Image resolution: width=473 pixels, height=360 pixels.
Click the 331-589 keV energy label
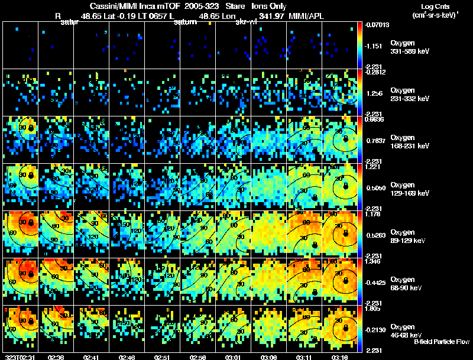click(x=407, y=51)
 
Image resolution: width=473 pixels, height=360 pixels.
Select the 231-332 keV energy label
click(x=407, y=99)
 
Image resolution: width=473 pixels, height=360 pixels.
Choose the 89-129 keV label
click(x=406, y=241)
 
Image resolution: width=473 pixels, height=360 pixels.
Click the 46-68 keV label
click(x=406, y=335)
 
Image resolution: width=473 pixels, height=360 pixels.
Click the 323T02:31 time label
click(x=20, y=357)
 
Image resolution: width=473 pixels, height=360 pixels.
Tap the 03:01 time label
click(x=234, y=357)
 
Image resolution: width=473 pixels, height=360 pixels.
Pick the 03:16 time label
click(x=341, y=357)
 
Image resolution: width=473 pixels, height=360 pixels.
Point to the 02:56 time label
click(x=198, y=357)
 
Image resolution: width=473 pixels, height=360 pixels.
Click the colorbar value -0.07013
click(x=377, y=25)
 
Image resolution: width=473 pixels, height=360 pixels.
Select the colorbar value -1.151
click(x=375, y=46)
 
